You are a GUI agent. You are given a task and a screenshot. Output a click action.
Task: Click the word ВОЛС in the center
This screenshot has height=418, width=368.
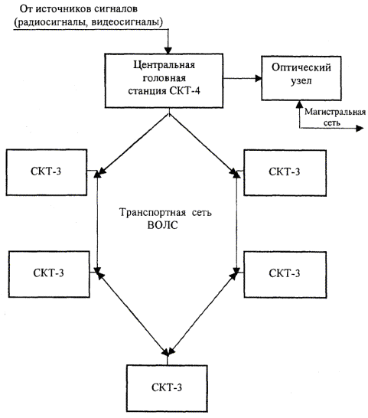point(162,226)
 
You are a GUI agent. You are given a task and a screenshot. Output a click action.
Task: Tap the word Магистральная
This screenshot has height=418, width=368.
point(335,112)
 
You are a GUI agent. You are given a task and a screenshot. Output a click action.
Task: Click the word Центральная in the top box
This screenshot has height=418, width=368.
point(164,65)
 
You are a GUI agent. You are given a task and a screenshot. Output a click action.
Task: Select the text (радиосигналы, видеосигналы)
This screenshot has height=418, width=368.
point(89,22)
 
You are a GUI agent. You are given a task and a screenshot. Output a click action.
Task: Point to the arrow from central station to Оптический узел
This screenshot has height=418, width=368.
point(243,78)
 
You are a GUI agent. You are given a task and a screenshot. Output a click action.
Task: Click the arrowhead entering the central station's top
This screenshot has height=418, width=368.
point(168,51)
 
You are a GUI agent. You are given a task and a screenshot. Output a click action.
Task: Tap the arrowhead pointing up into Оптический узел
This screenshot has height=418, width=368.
point(300,104)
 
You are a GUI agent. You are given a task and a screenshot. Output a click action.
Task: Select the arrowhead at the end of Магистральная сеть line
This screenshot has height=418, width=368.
point(360,128)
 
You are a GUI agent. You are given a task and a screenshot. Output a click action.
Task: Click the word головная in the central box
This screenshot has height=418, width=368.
point(164,78)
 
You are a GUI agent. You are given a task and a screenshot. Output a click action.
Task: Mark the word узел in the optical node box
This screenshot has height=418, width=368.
point(301,81)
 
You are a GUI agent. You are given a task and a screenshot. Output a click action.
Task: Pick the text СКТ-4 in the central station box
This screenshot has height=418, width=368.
point(184,91)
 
